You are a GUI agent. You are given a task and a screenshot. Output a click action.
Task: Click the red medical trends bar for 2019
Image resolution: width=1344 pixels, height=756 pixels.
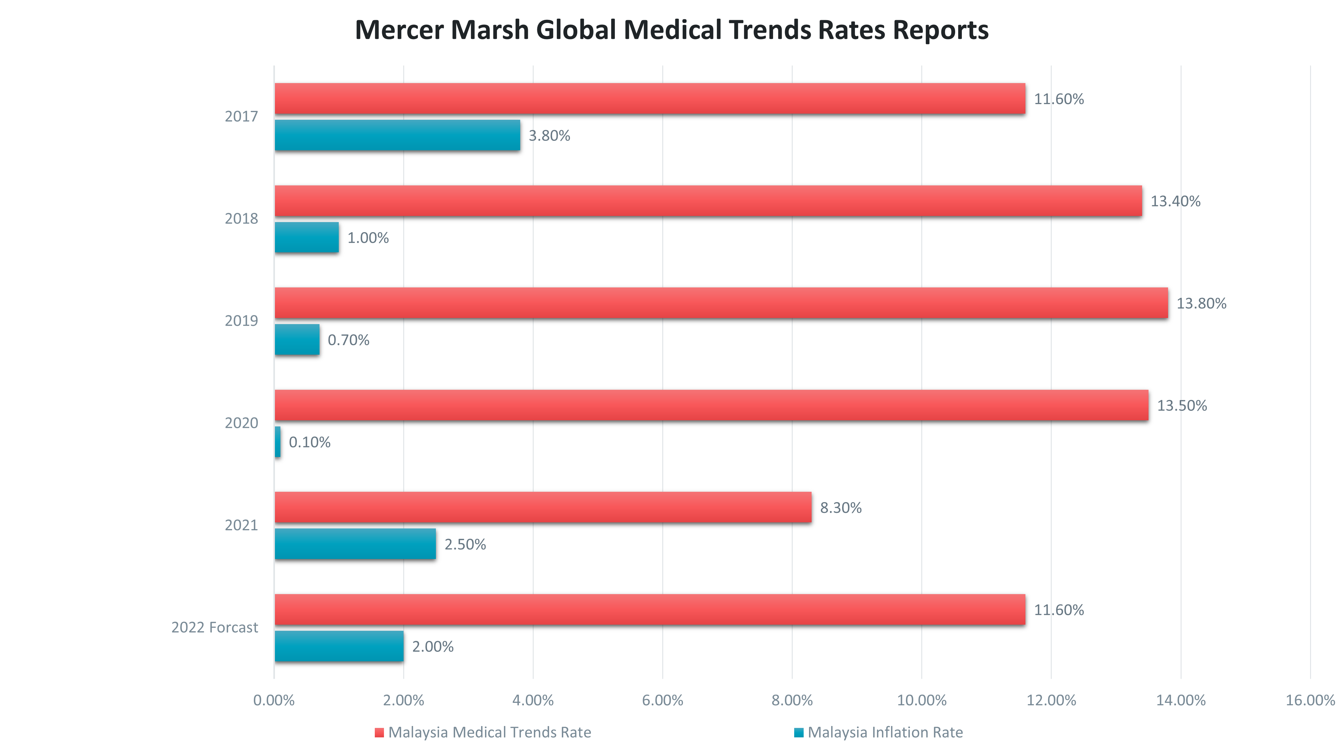(720, 303)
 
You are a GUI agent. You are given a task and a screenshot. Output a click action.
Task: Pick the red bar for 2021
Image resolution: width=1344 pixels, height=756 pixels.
(542, 507)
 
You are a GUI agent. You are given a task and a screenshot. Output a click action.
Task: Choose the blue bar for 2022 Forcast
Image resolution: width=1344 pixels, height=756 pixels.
(339, 646)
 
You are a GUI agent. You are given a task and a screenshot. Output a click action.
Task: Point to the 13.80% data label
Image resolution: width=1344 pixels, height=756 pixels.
(1201, 304)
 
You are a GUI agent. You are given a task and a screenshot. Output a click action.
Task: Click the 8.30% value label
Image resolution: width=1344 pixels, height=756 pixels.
(841, 508)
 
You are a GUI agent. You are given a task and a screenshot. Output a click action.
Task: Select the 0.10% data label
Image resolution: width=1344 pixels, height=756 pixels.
(309, 442)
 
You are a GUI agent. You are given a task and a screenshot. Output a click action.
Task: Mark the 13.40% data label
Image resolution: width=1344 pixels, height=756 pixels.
(1175, 201)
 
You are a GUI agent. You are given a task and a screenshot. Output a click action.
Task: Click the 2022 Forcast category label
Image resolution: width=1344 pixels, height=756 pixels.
(214, 627)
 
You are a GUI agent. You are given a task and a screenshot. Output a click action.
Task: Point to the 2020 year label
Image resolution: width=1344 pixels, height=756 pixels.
(241, 423)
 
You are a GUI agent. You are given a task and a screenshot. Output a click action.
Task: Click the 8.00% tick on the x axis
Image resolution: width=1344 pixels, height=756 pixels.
(792, 700)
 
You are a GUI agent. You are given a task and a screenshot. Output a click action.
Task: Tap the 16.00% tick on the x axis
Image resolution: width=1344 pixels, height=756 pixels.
(1309, 700)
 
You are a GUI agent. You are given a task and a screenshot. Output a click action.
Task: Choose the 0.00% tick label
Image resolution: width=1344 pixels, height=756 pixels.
(274, 700)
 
